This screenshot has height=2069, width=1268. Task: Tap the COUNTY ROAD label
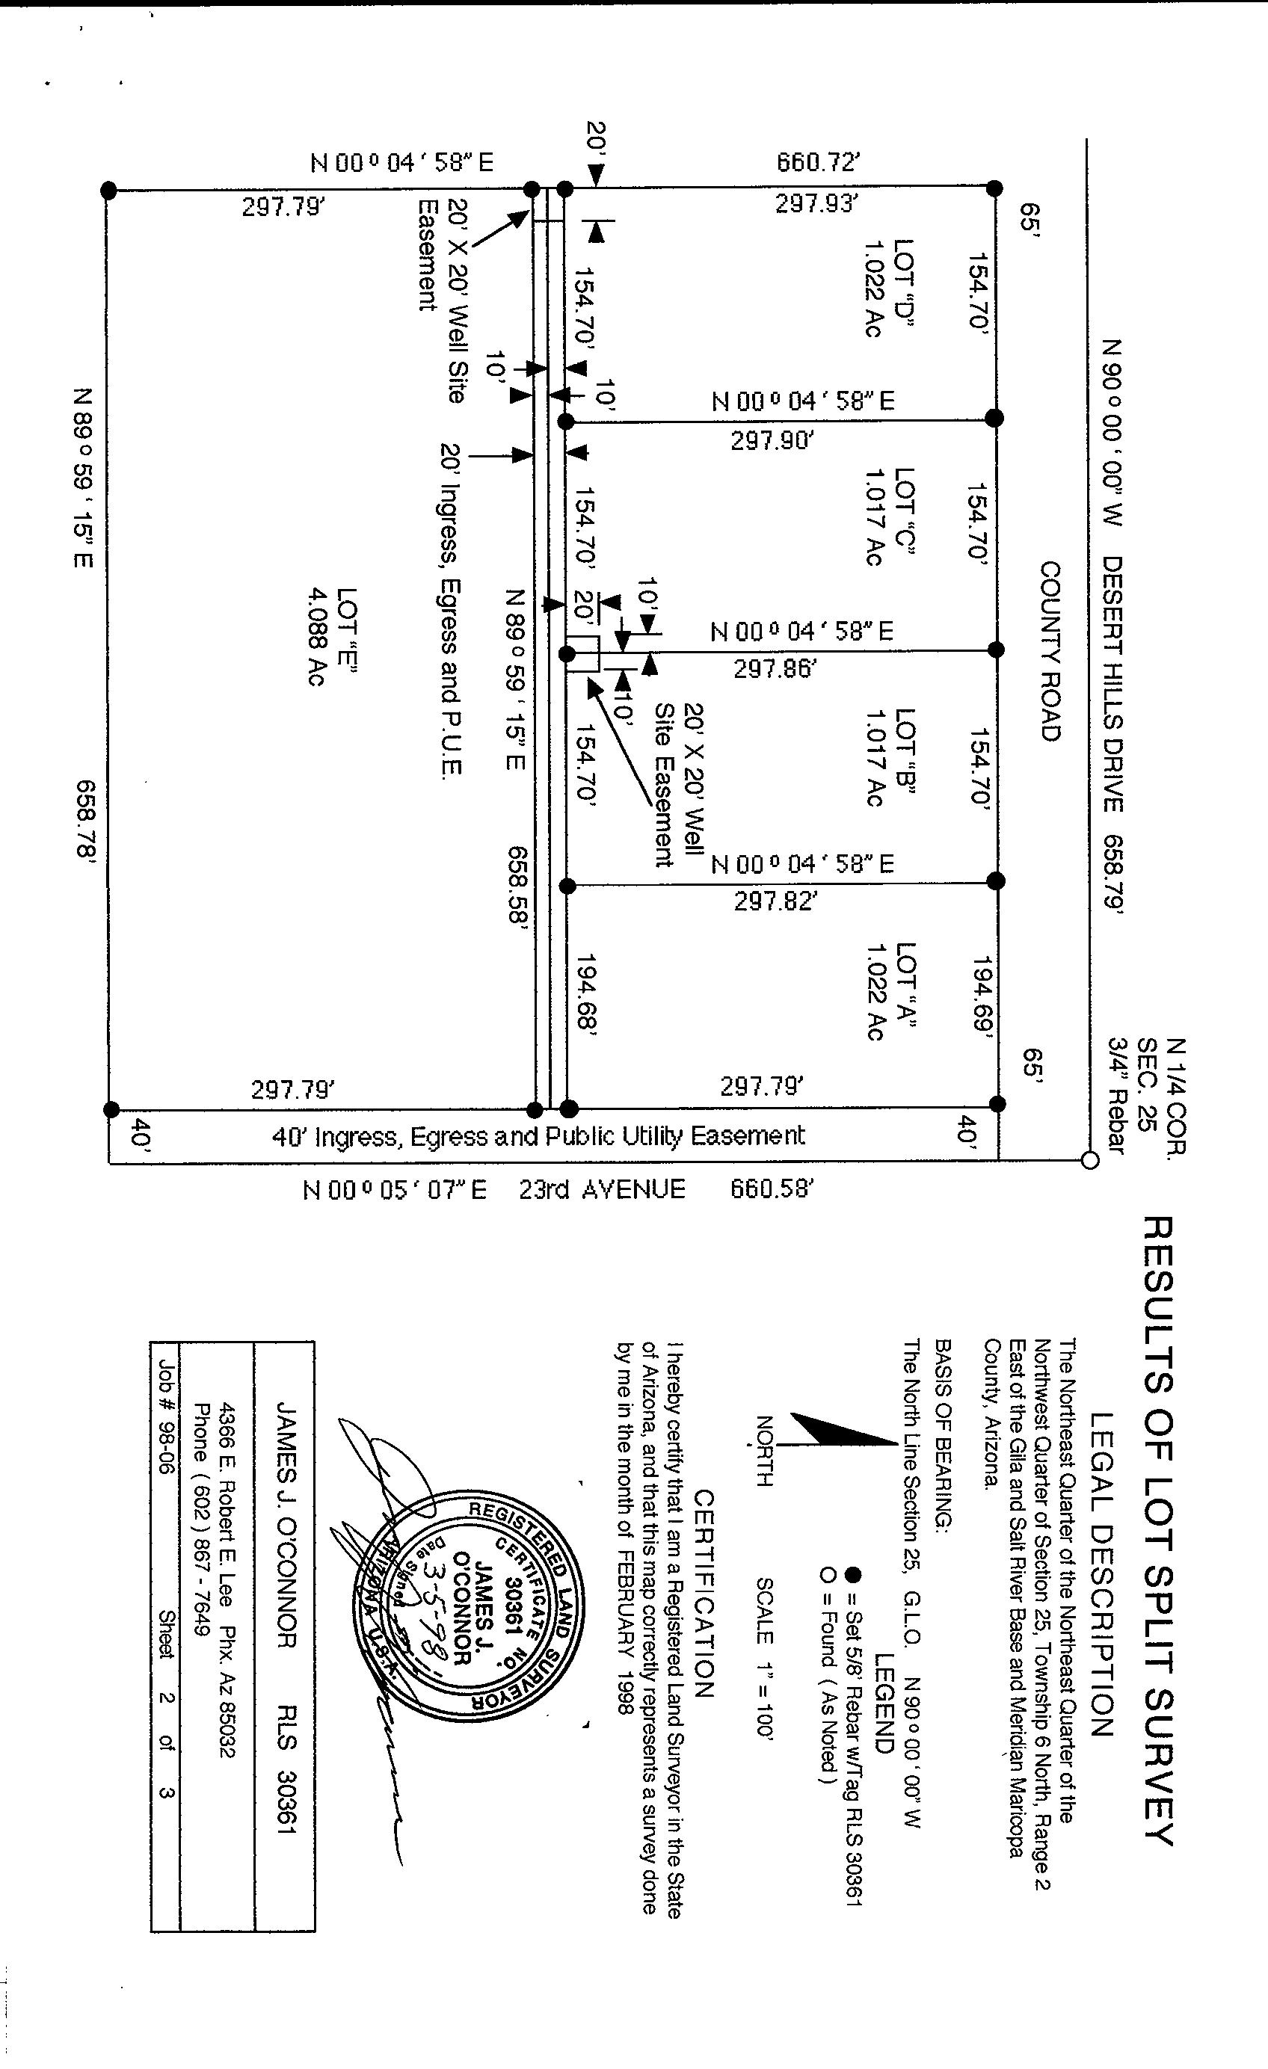click(1050, 652)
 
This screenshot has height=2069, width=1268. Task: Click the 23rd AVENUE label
click(602, 1190)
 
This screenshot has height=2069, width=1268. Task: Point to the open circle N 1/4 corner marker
click(1089, 1161)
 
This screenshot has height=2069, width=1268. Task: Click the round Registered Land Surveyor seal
click(469, 1610)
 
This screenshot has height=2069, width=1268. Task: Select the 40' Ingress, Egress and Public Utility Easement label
click(538, 1136)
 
